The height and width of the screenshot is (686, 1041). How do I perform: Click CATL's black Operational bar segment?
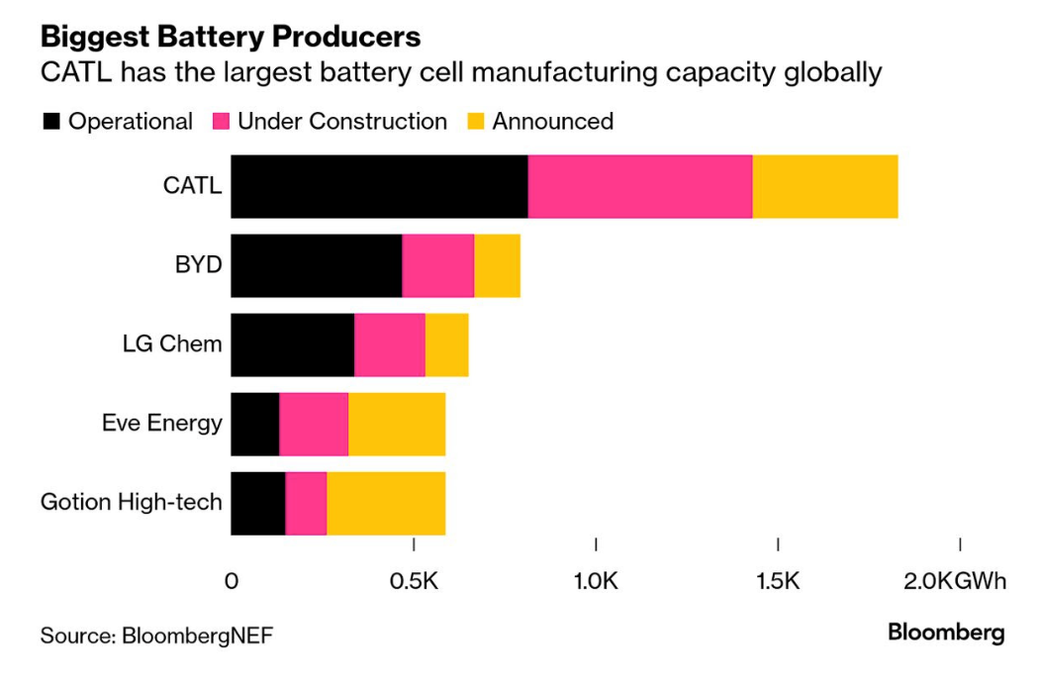(x=379, y=186)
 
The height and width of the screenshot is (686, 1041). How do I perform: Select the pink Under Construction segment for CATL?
(x=639, y=186)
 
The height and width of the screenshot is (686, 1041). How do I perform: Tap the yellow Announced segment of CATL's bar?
(x=824, y=186)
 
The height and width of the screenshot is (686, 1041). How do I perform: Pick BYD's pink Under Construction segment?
(x=437, y=265)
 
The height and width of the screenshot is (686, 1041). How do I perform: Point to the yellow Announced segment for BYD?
(x=497, y=265)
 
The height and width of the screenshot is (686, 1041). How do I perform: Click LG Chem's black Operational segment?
(x=293, y=344)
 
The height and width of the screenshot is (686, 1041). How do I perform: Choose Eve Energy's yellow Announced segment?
(x=396, y=424)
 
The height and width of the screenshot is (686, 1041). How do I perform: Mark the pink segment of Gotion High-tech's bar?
(x=306, y=503)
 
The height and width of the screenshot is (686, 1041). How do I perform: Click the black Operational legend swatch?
(x=50, y=122)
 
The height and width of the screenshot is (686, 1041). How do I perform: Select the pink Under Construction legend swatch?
(x=221, y=122)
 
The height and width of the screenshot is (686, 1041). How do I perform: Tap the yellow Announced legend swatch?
(x=475, y=122)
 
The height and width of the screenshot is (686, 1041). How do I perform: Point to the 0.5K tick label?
(x=414, y=580)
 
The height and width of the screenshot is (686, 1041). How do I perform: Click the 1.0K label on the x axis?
(x=596, y=580)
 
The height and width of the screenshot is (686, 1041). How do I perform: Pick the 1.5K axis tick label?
(x=778, y=580)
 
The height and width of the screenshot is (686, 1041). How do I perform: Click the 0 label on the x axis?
(x=232, y=580)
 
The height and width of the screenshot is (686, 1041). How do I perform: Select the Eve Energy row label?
(x=161, y=423)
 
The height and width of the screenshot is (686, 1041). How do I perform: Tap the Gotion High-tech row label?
(x=131, y=502)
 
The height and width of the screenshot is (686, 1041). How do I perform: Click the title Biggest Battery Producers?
(x=230, y=37)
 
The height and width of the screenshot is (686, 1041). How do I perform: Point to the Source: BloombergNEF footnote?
(x=155, y=635)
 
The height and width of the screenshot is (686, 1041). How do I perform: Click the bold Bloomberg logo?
(x=945, y=633)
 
